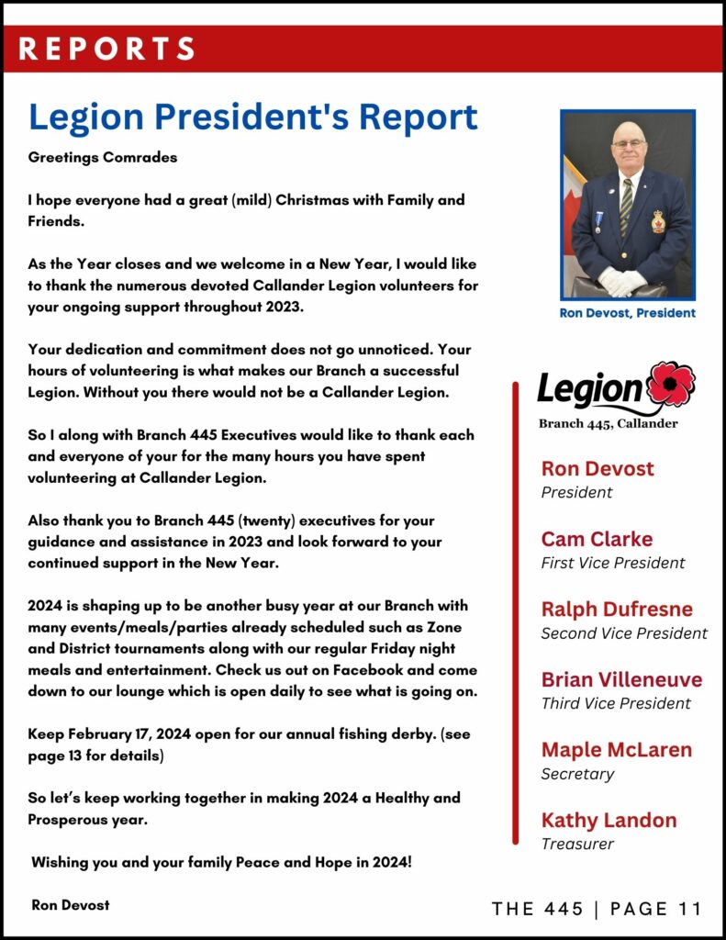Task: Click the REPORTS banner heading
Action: point(107,48)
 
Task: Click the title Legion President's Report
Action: point(253,117)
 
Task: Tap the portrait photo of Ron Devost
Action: point(628,204)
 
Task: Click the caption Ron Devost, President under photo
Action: point(628,313)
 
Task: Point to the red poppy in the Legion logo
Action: point(671,384)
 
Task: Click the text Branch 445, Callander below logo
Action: point(609,423)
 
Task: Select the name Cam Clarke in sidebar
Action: point(597,539)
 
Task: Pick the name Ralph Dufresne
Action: point(617,610)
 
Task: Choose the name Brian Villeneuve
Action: point(621,679)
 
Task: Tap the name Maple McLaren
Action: point(617,750)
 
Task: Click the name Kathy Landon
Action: point(609,820)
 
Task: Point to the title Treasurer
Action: point(577,844)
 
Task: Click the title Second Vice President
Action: point(624,633)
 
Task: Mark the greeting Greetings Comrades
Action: point(103,157)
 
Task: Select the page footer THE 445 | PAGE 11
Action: point(597,909)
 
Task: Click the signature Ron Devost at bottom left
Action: point(70,905)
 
